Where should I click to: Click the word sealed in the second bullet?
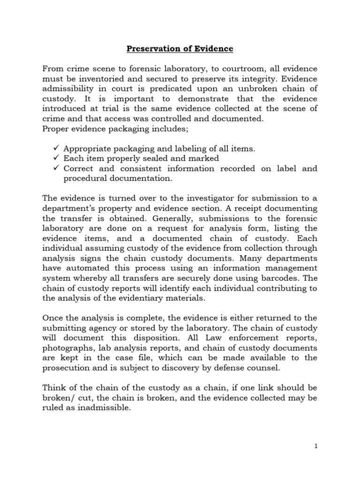[159, 158]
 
